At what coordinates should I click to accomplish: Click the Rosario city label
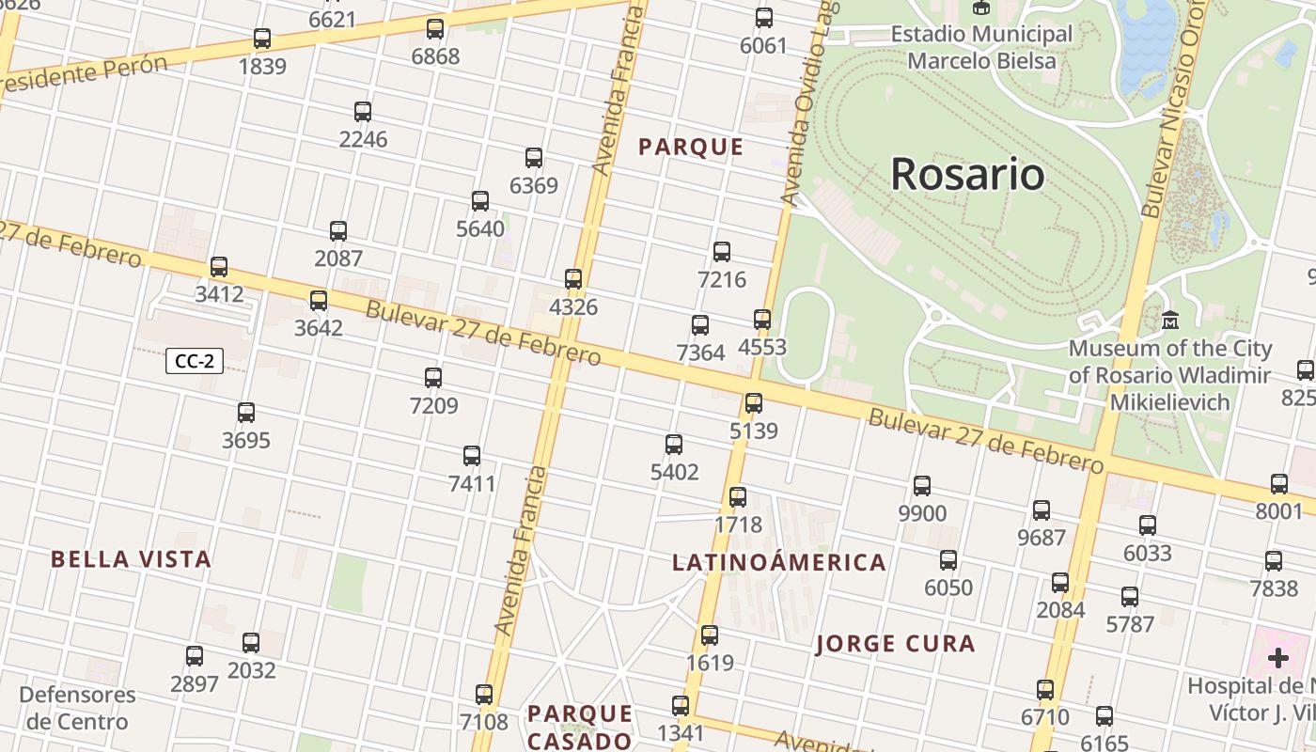coord(967,174)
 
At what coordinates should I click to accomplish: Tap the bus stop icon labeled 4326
coord(573,279)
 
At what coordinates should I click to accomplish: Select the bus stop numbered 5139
coord(754,403)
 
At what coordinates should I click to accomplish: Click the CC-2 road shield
coord(195,361)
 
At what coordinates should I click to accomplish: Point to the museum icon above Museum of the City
coord(1170,321)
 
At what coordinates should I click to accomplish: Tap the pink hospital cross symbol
coord(1277,657)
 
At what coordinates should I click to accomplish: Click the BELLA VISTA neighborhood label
coord(131,559)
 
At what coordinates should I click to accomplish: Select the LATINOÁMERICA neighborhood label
coord(779,563)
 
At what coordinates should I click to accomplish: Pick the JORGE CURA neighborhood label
coord(895,644)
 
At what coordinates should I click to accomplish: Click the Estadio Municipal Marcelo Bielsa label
coord(981,48)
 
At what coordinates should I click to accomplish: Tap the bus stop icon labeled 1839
coord(262,39)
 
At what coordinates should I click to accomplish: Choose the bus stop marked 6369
coord(534,158)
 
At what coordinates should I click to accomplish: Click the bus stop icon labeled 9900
coord(922,486)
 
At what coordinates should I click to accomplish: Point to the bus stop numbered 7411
coord(472,456)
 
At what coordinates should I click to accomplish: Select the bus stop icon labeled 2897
coord(195,656)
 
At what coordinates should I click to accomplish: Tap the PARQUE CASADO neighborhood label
coord(579,727)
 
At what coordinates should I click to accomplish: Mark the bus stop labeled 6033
coord(1148,525)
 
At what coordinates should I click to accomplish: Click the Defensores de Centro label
coord(77,709)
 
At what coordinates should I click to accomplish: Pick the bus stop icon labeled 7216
coord(722,252)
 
